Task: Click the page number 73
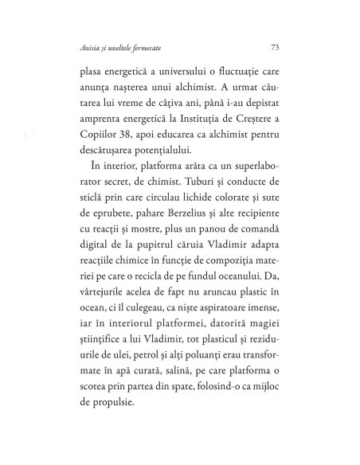tap(274, 45)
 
